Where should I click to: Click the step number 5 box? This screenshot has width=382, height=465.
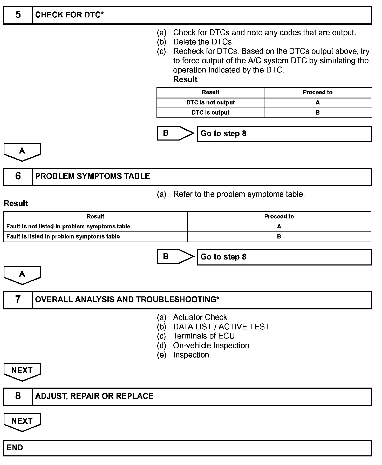(x=18, y=15)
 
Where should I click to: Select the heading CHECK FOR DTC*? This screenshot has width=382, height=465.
(x=69, y=15)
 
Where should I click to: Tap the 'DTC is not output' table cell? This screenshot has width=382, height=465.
(x=210, y=103)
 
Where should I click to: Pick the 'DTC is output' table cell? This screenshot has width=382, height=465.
(x=210, y=113)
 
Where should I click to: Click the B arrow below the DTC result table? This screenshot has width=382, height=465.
(x=175, y=133)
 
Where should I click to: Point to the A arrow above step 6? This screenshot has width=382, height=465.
(x=22, y=151)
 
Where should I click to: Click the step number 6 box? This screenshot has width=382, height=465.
(x=18, y=176)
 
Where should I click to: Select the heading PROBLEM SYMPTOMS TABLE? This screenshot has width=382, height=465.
(x=92, y=176)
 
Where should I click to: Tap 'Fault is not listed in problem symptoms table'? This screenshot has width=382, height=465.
(x=68, y=227)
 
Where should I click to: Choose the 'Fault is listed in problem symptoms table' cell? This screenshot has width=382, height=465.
(x=63, y=237)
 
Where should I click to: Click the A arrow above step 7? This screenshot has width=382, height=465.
(x=22, y=275)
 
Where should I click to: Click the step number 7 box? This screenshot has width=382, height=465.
(x=18, y=300)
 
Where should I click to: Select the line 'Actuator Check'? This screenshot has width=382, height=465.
(x=200, y=317)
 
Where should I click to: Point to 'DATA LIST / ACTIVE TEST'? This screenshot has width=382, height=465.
(x=221, y=327)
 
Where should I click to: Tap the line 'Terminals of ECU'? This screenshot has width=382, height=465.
(x=204, y=336)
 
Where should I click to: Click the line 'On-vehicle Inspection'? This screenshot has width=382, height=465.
(x=211, y=346)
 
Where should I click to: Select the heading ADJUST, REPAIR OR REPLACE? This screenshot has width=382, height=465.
(x=94, y=396)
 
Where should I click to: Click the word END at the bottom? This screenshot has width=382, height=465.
(x=15, y=448)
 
